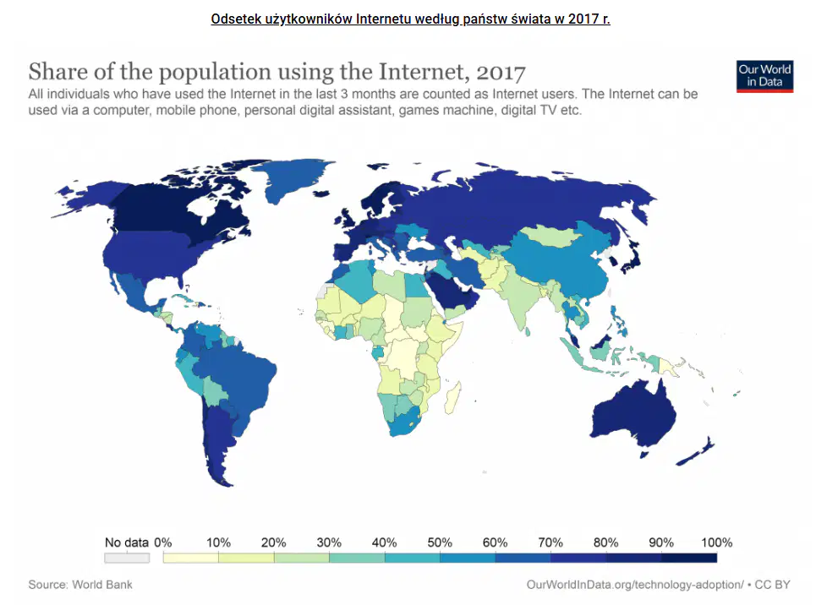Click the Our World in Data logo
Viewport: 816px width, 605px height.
coord(764,76)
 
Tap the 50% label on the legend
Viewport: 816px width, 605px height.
coord(439,542)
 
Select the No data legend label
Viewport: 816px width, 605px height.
coord(127,542)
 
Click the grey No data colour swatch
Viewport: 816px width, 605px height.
coord(127,558)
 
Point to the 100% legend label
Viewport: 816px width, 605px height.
coord(716,542)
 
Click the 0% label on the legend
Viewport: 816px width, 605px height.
coord(163,542)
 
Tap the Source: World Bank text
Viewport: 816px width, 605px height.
coord(80,585)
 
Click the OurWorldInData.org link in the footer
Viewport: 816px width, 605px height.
coord(635,585)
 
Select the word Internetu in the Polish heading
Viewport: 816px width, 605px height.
coord(384,19)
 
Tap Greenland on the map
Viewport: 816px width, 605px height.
coord(297,179)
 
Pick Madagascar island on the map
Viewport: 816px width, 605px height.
coord(452,397)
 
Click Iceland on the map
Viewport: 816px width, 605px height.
coord(321,193)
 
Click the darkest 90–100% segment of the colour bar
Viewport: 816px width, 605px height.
coord(689,558)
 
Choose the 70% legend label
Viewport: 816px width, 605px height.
coord(550,542)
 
